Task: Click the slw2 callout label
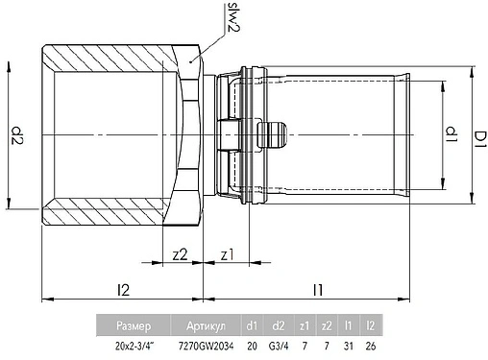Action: (233, 18)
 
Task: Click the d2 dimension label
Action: (17, 135)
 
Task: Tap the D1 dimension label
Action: (480, 140)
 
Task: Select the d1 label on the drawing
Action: (452, 134)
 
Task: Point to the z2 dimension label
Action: (180, 254)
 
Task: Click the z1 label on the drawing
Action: (228, 255)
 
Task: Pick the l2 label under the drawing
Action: (123, 290)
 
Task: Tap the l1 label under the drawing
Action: (318, 290)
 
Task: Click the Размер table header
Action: (134, 325)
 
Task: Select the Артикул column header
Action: (206, 325)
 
